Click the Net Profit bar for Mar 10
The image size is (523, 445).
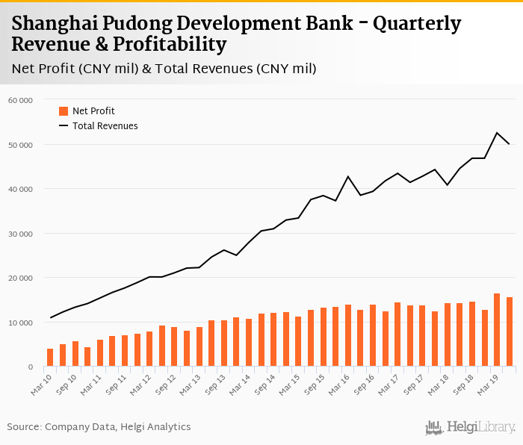pos(50,358)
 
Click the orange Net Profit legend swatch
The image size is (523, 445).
pos(64,111)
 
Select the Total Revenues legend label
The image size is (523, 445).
pos(105,126)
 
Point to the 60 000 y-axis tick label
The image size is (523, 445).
pos(20,100)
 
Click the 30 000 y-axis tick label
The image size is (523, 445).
pos(20,234)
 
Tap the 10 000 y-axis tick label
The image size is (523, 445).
pos(20,323)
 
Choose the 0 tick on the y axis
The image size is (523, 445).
pos(30,367)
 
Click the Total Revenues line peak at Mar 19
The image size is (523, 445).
pos(497,133)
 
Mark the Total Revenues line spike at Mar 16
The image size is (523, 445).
pos(348,176)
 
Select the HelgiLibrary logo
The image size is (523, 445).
pos(470,428)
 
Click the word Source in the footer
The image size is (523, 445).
pos(24,427)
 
